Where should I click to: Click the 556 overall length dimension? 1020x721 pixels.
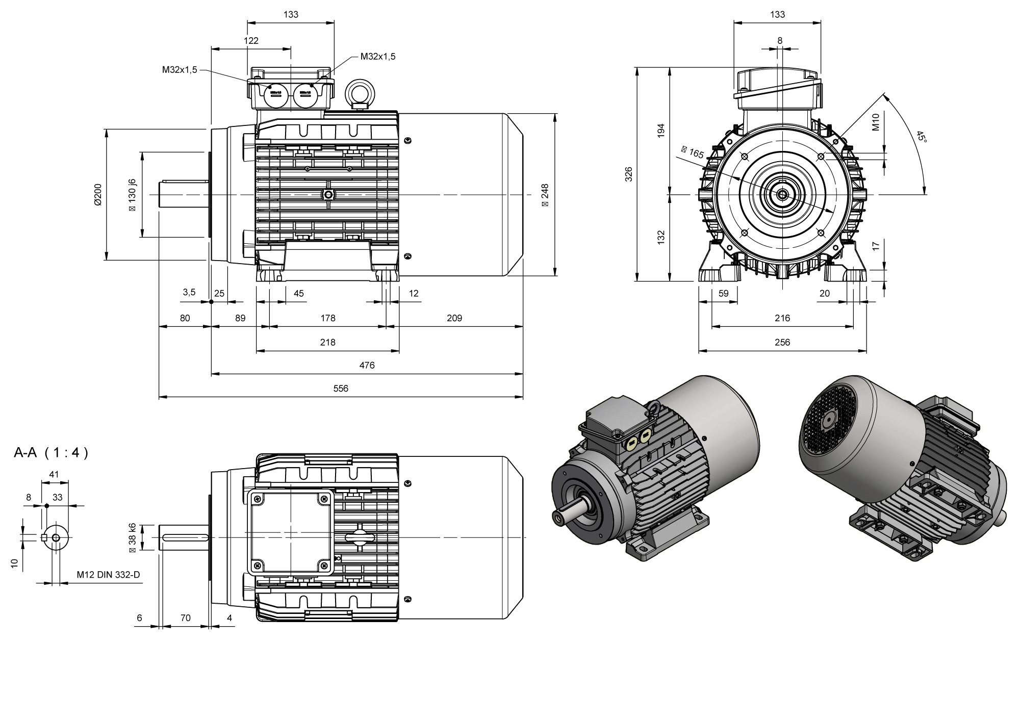(x=341, y=389)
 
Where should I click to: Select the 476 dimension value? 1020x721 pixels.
(x=367, y=365)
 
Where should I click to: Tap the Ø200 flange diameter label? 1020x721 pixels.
(x=98, y=194)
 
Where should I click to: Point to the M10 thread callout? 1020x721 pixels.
(x=876, y=122)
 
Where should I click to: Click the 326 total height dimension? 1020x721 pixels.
(x=629, y=174)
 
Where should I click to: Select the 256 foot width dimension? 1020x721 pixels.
(x=782, y=343)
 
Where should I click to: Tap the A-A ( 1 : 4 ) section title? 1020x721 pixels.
(x=51, y=453)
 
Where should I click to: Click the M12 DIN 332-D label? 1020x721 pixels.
(x=108, y=575)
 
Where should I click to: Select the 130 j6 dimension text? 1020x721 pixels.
(x=133, y=195)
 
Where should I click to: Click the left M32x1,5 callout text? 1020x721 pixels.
(x=180, y=70)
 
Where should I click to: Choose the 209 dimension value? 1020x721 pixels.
(x=454, y=318)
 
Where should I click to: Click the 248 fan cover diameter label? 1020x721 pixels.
(x=545, y=195)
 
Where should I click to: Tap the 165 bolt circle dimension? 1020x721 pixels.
(x=693, y=151)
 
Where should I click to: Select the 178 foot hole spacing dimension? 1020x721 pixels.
(x=327, y=318)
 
